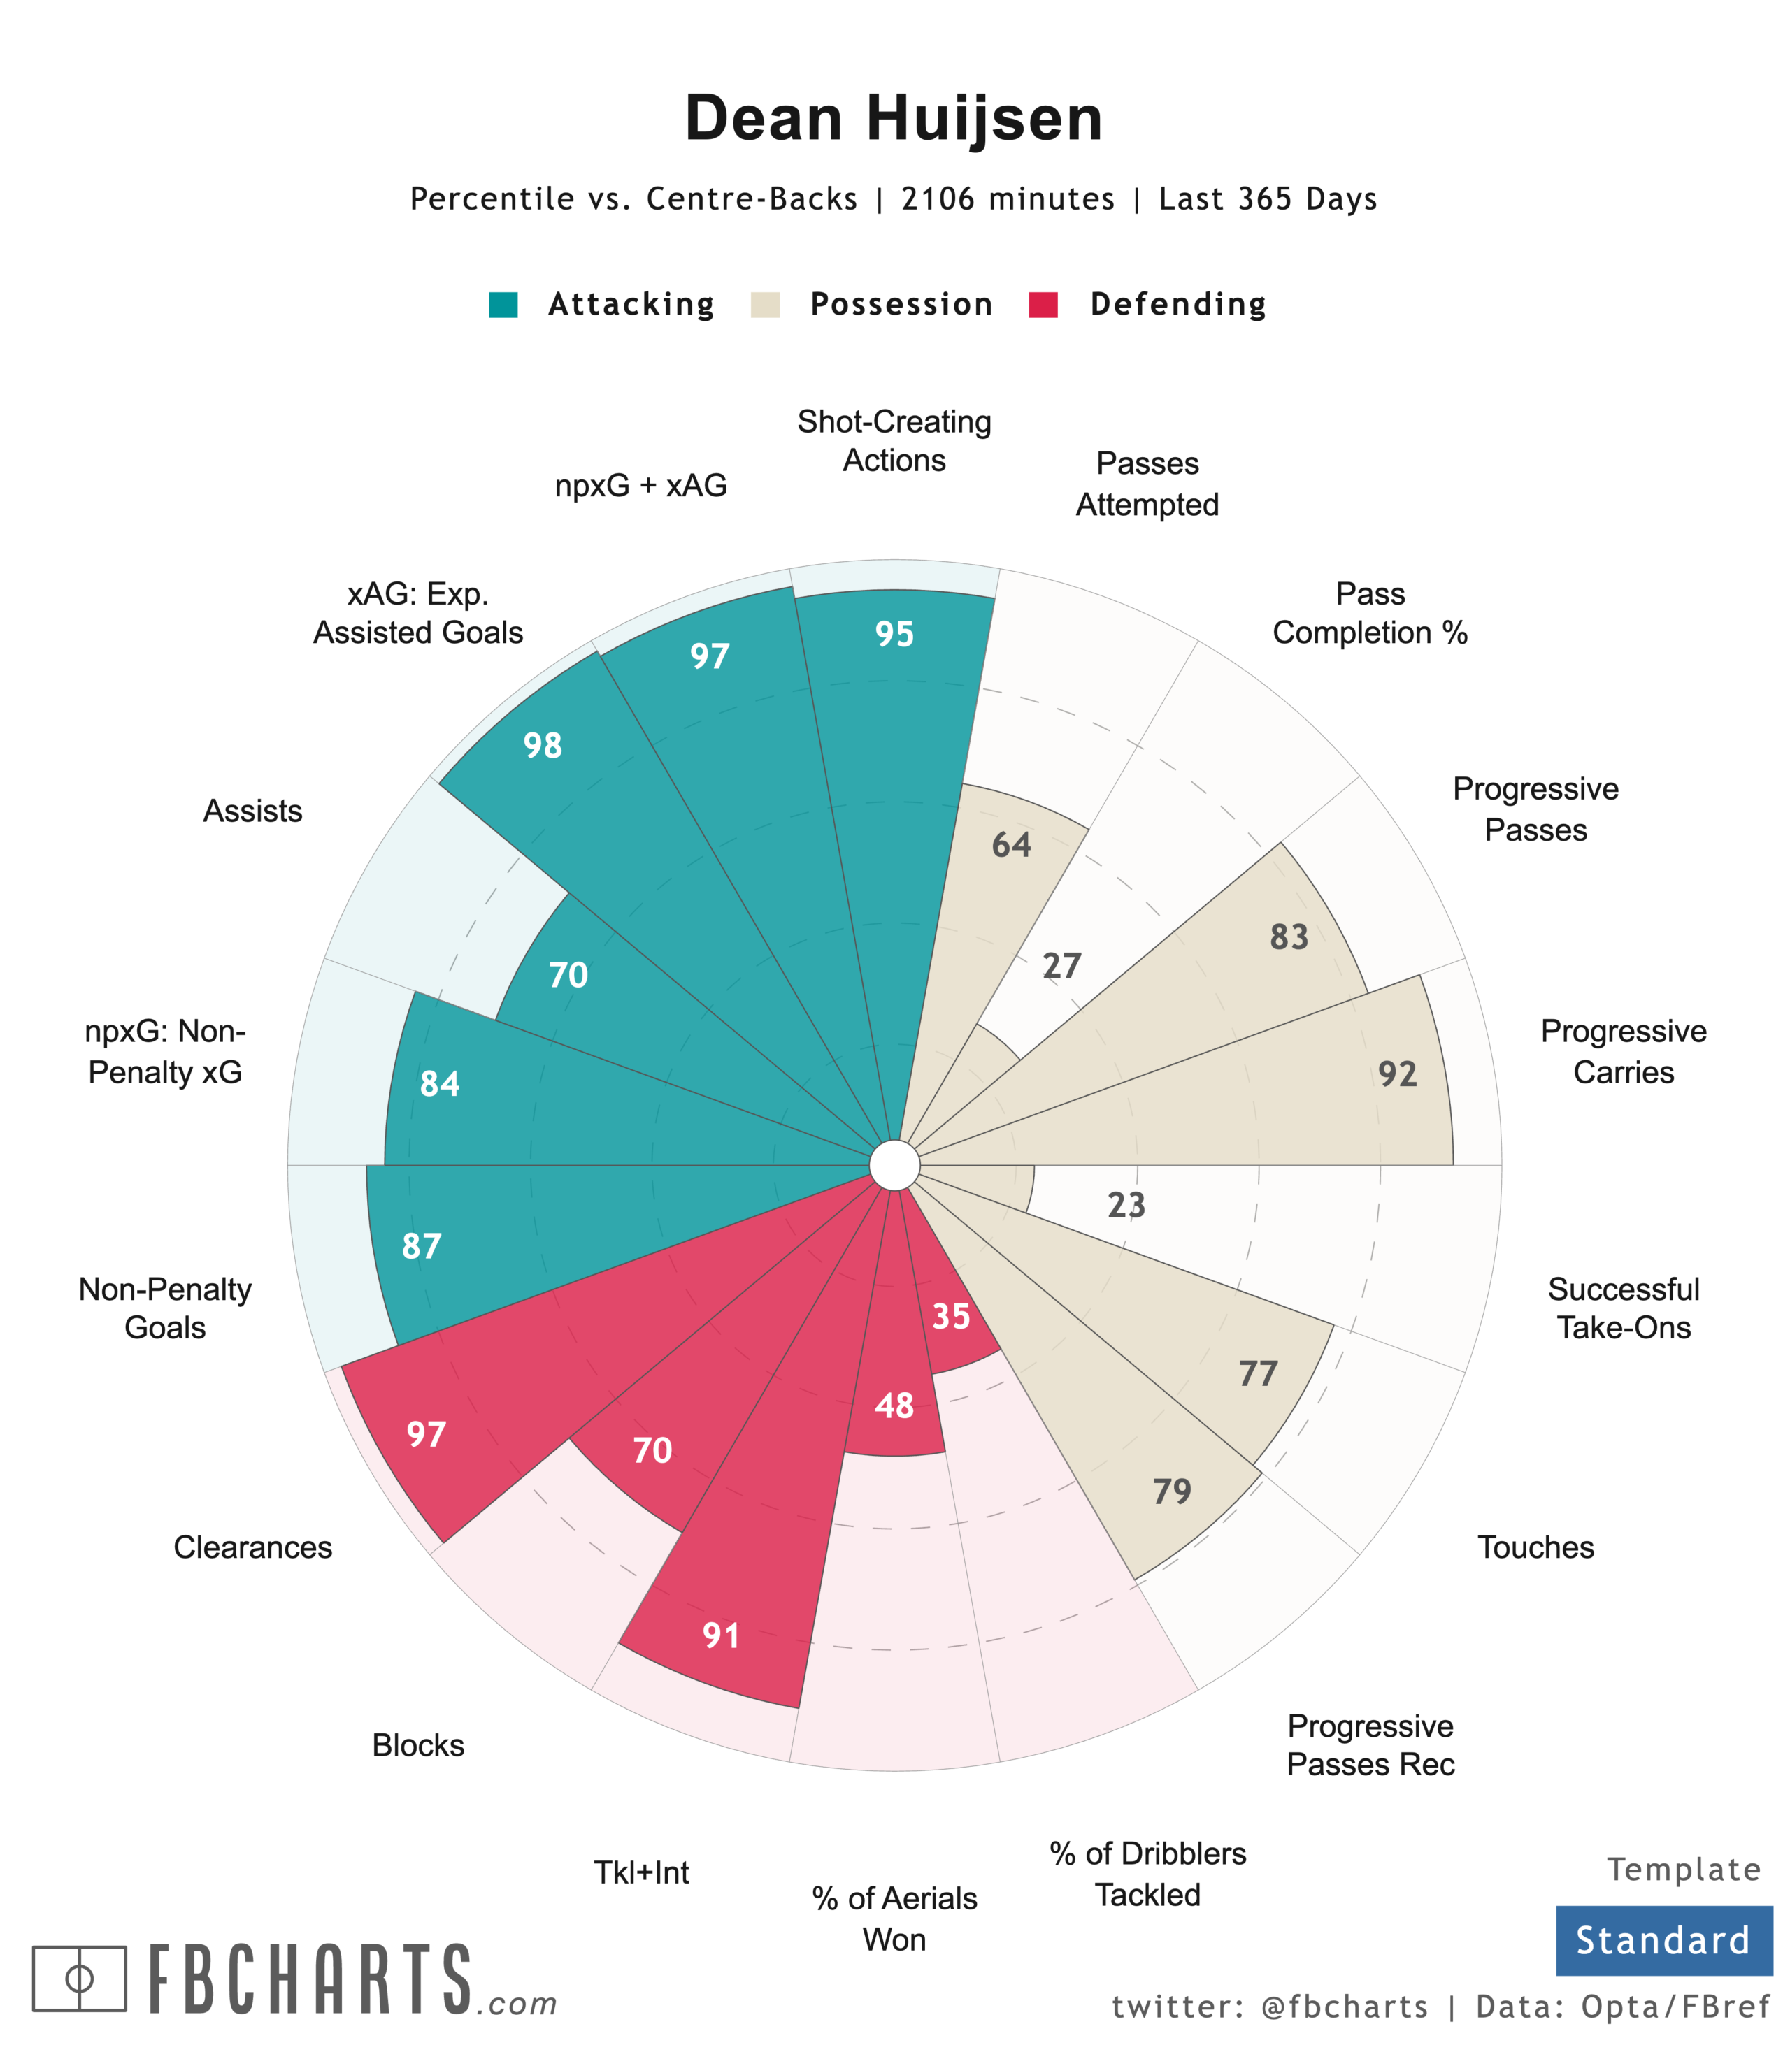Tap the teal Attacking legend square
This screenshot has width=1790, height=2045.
click(x=503, y=305)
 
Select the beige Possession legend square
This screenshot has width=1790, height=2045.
click(x=765, y=305)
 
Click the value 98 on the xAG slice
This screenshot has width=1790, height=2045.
click(x=543, y=745)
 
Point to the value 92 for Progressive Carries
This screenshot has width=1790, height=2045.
click(x=1398, y=1074)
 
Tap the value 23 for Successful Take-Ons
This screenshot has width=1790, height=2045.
click(x=1126, y=1205)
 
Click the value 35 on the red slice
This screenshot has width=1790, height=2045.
click(x=951, y=1316)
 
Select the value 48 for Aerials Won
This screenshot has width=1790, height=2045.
click(x=894, y=1406)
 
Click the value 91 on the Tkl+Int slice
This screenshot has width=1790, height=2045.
click(x=721, y=1635)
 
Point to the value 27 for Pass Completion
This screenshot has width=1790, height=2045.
click(x=1062, y=966)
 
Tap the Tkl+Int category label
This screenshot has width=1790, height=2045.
click(x=641, y=1872)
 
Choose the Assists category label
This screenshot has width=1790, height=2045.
click(x=252, y=811)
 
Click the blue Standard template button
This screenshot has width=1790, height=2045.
click(x=1663, y=1940)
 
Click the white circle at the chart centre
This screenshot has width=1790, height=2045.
click(x=894, y=1166)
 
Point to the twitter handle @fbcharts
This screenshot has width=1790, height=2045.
click(x=1345, y=2007)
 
